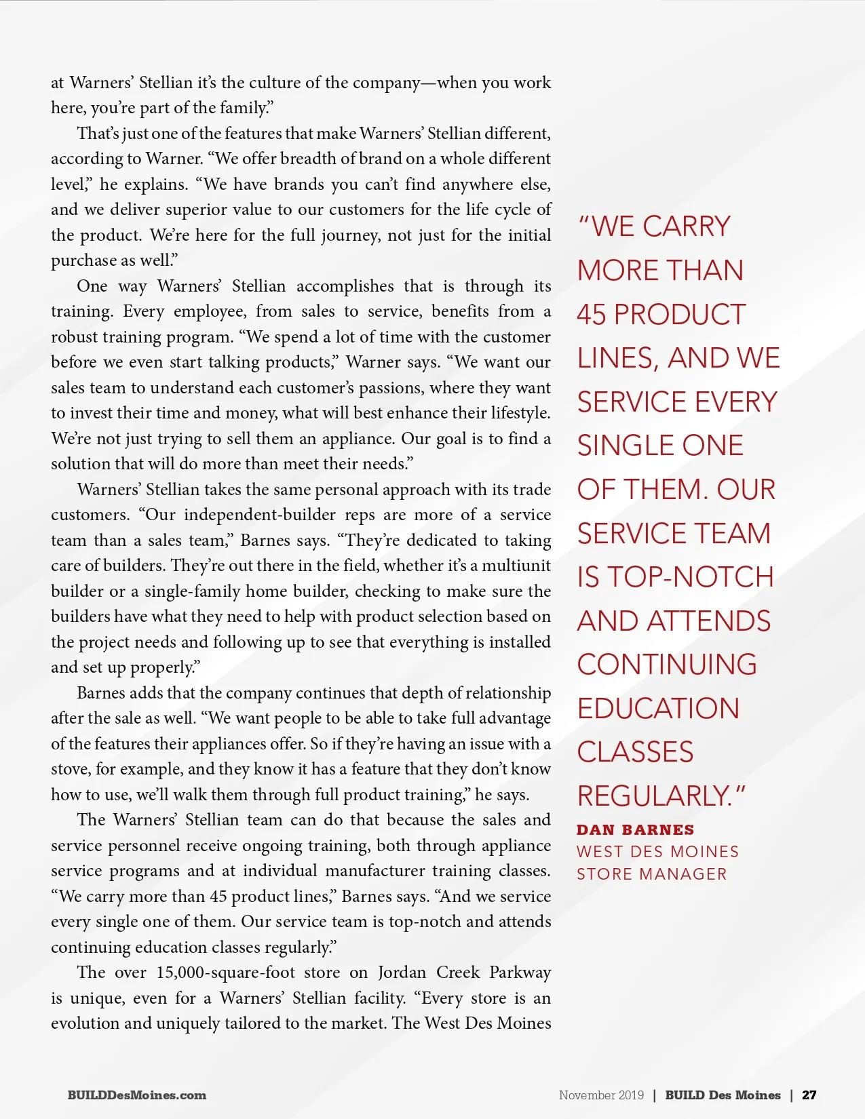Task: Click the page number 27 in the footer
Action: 809,1095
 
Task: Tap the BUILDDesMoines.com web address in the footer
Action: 136,1095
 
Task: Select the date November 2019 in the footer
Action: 601,1095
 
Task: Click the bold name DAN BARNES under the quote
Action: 635,829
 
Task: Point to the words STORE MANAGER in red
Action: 651,874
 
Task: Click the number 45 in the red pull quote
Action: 592,315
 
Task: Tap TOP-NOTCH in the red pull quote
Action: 691,577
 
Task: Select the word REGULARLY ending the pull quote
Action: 652,796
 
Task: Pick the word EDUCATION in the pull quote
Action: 658,709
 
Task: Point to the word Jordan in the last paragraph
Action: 402,973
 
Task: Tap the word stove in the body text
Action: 71,769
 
